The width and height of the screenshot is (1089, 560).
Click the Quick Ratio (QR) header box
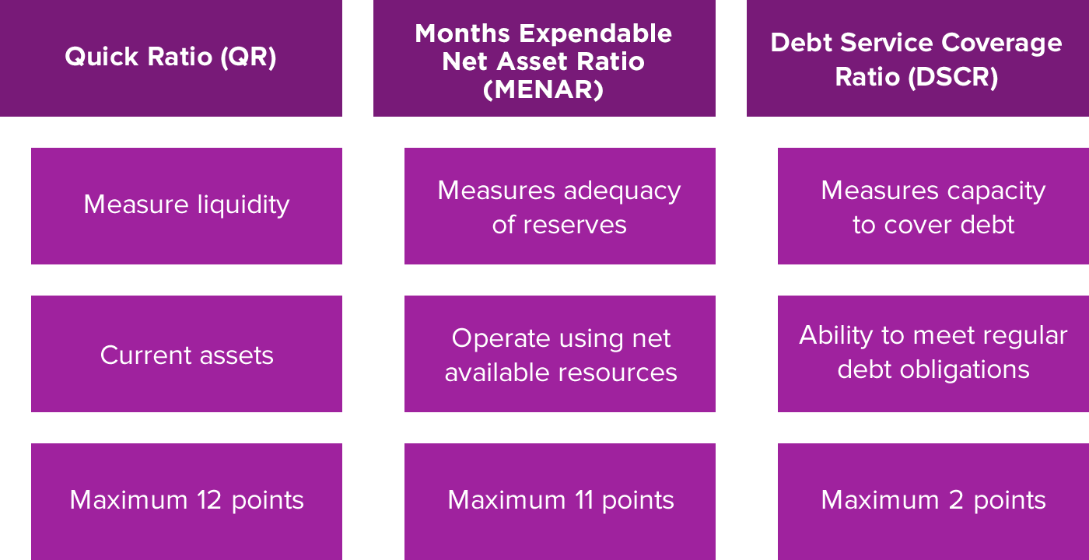pos(171,58)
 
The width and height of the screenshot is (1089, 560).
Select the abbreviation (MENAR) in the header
pos(544,89)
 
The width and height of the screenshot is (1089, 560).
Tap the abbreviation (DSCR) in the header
pos(954,77)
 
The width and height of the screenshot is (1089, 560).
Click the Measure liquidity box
pos(187,206)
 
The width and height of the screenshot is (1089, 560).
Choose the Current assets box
pos(187,354)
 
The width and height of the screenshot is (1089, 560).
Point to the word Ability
pos(836,336)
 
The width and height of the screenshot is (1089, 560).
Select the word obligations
pos(965,370)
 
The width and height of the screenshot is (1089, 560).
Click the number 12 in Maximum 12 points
pos(209,500)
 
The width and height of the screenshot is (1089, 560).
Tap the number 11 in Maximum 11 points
pos(584,500)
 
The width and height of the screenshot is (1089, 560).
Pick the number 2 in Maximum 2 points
pos(956,500)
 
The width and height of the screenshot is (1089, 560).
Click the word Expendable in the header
pos(596,34)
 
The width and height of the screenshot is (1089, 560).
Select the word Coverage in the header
pos(1002,44)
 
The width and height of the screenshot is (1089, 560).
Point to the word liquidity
pos(243,205)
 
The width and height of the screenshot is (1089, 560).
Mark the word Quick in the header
pos(102,57)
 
